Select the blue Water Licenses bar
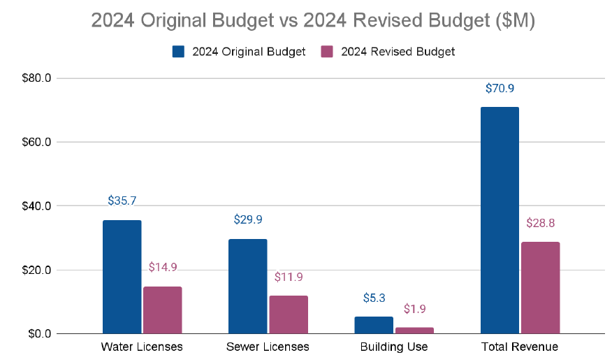tap(122, 277)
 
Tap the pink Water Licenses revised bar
tap(163, 310)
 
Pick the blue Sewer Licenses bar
tap(247, 286)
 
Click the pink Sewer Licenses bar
tap(289, 314)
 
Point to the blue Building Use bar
tap(374, 325)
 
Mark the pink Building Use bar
tap(414, 330)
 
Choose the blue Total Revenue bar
tap(500, 220)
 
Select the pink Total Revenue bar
tap(540, 287)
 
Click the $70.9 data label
tap(500, 89)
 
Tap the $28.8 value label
tap(540, 224)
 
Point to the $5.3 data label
tap(374, 298)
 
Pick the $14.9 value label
tap(163, 267)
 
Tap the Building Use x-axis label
tap(394, 347)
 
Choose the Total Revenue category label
tap(520, 347)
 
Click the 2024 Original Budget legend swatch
tap(178, 52)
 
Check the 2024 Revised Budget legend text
tap(398, 52)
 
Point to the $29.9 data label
tap(247, 219)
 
